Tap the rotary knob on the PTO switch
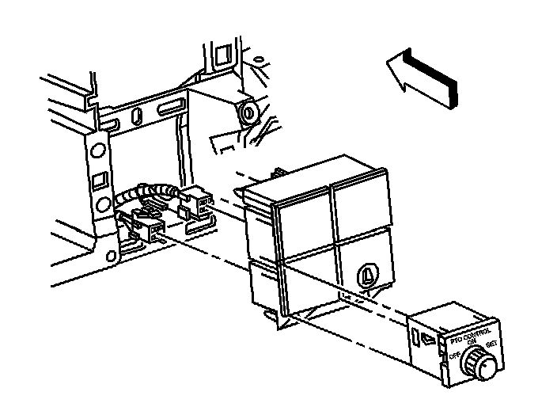click(480, 363)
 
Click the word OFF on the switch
click(455, 357)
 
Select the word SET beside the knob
click(491, 344)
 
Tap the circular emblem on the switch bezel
click(367, 273)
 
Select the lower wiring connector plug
click(150, 230)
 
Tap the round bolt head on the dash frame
click(249, 112)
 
